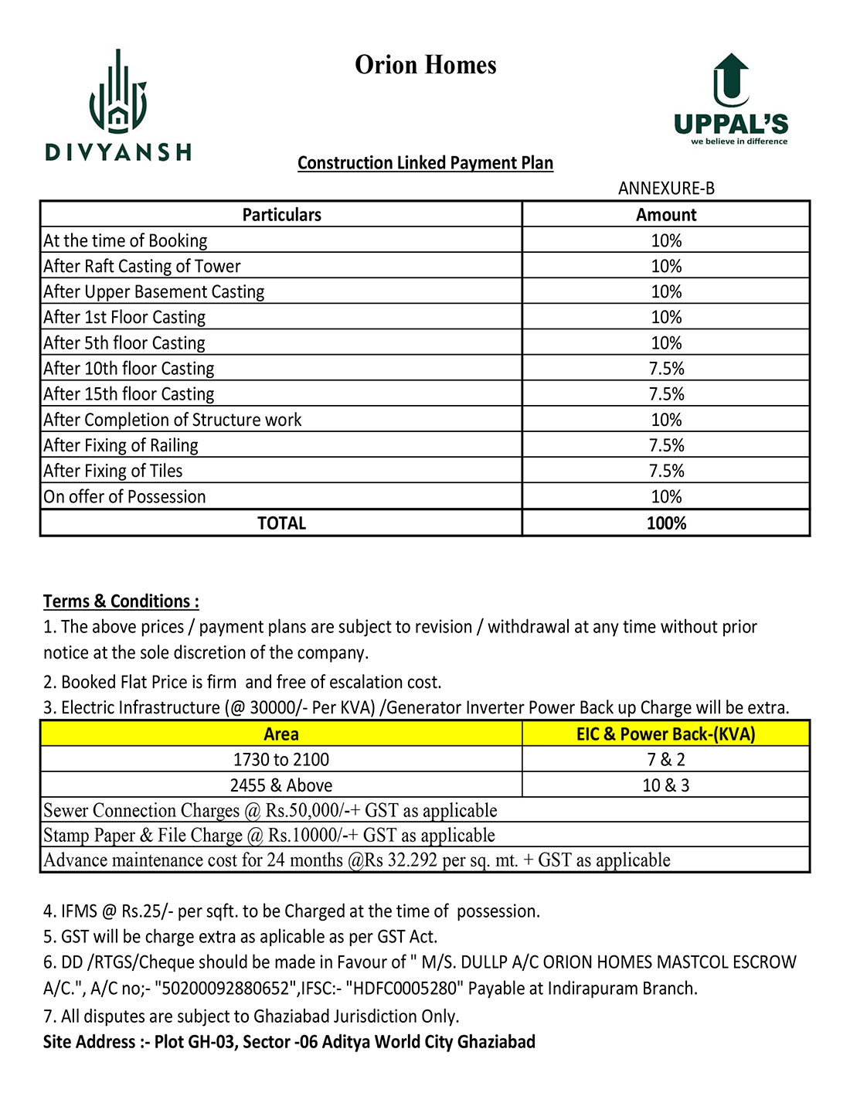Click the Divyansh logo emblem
[118, 93]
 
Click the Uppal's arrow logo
[731, 80]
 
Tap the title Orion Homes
[425, 65]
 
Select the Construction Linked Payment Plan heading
[425, 163]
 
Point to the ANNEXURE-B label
[666, 189]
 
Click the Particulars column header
[281, 215]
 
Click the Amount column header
[666, 215]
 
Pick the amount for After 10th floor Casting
[666, 369]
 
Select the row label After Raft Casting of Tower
[142, 267]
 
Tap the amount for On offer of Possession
[666, 497]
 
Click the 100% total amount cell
[666, 523]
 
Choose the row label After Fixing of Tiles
[113, 472]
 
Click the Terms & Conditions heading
[121, 601]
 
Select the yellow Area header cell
[281, 734]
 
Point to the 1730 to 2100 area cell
[281, 760]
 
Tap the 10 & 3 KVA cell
[666, 785]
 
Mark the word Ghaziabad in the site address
[496, 1042]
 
